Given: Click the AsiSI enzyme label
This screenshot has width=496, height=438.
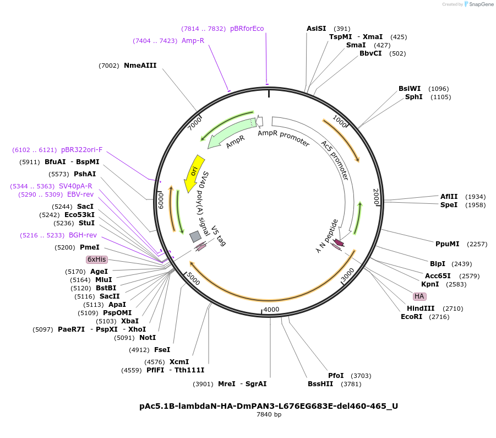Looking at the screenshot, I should tap(316, 29).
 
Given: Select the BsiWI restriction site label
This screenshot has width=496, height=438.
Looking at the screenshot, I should tap(410, 89).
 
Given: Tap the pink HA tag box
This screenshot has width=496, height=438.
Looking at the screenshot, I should tap(419, 296).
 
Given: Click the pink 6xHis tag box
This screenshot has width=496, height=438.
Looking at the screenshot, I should tap(96, 259).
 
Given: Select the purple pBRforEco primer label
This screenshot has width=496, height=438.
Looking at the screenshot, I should tap(247, 29).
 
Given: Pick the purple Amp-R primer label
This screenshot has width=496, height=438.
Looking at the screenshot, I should tap(193, 41).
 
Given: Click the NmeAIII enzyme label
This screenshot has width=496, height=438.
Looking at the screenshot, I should tap(140, 66).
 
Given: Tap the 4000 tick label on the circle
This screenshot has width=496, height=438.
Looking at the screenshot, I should tap(271, 310).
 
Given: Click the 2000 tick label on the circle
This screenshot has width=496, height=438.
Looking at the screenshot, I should tap(376, 197).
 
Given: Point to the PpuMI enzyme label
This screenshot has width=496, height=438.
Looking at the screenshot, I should tap(447, 244).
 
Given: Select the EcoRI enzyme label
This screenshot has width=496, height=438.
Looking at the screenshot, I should tap(411, 317).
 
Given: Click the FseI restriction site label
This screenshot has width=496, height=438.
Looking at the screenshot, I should tap(162, 350).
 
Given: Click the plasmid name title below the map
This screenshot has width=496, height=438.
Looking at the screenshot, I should tap(269, 406).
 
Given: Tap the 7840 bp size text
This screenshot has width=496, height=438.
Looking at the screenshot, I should tap(269, 415).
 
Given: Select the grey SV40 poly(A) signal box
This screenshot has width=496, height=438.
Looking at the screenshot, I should tap(195, 236).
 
